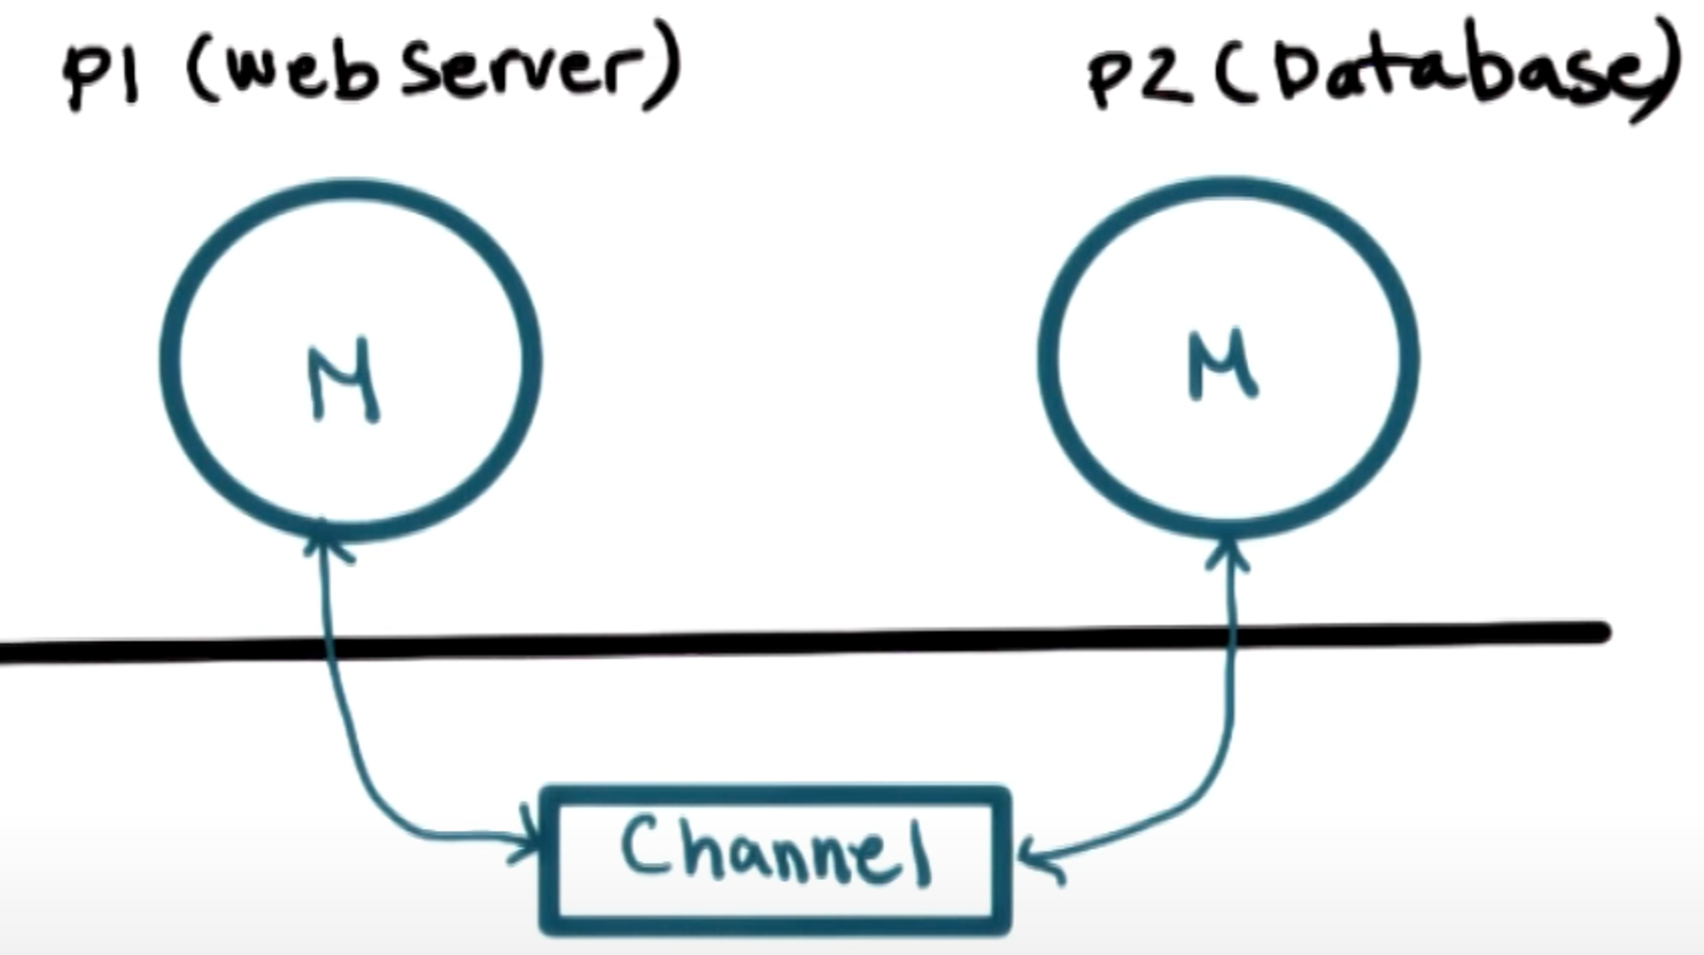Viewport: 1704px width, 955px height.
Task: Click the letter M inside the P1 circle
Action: [343, 382]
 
